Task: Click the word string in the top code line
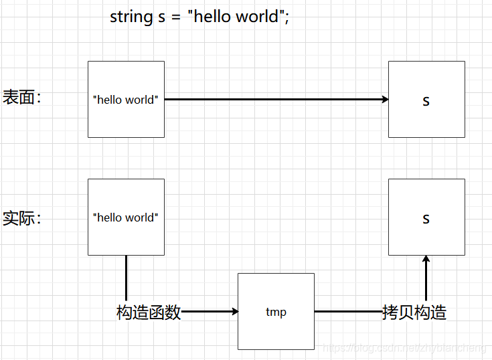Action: point(132,17)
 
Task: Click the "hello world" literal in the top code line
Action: point(235,17)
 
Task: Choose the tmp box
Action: point(276,328)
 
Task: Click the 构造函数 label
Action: point(149,312)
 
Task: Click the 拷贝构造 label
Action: point(414,312)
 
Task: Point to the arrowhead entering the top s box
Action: point(385,100)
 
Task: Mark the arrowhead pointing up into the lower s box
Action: point(426,259)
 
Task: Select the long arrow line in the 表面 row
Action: point(274,100)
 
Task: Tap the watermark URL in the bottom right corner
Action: point(405,349)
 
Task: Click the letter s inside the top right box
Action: point(426,101)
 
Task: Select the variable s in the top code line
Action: point(161,17)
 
